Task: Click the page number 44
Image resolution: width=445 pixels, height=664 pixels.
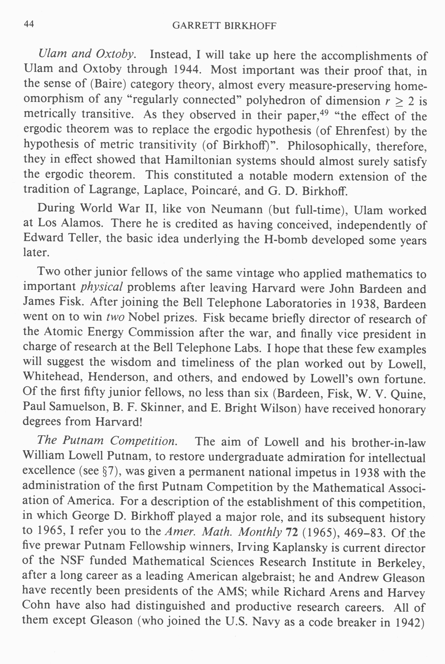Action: coord(29,24)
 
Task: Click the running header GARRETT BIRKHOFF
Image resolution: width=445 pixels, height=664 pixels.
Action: coord(224,26)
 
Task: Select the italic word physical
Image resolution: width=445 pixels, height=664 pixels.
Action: coord(102,287)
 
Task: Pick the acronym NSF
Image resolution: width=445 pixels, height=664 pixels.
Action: coord(71,561)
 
